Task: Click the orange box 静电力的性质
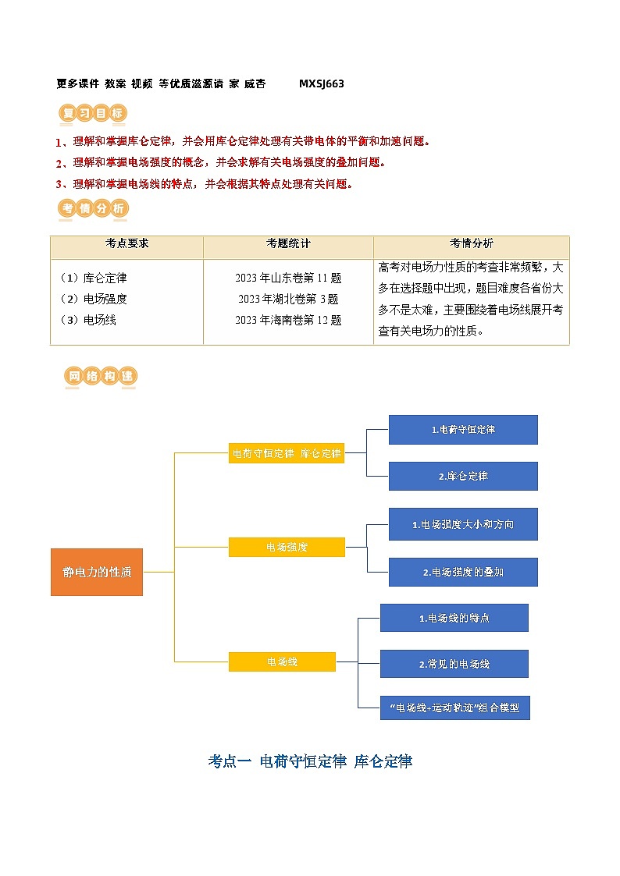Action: coord(97,572)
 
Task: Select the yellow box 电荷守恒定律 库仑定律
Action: coord(287,453)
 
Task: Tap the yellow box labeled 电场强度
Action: coord(287,548)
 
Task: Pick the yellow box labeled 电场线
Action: coord(282,661)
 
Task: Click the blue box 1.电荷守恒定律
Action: coord(463,430)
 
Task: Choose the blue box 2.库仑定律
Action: coord(463,476)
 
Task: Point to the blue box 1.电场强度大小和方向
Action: coord(463,524)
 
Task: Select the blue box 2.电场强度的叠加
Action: coord(463,572)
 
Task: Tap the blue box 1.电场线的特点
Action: coord(454,618)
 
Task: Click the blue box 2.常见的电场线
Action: coord(454,664)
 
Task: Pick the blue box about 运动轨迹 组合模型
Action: coord(454,708)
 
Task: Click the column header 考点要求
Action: coord(126,243)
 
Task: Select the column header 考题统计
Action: coord(288,243)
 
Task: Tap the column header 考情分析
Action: coord(471,243)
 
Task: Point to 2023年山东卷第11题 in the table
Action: coord(288,278)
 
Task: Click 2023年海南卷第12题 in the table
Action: coord(288,320)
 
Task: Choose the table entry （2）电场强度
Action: coord(93,299)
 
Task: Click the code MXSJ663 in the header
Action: coord(321,83)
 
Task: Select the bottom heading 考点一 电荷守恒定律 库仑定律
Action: coord(310,761)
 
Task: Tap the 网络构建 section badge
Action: coord(100,376)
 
